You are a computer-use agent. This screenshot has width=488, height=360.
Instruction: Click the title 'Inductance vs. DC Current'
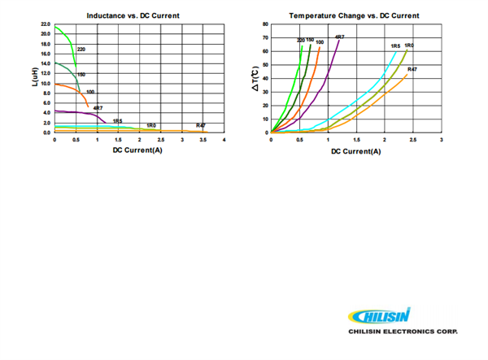pos(133,16)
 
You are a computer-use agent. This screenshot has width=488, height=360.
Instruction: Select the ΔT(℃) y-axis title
pos(255,79)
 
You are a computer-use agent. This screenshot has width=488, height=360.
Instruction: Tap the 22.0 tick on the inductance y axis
pos(46,25)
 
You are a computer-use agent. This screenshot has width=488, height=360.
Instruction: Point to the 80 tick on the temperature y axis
pos(265,25)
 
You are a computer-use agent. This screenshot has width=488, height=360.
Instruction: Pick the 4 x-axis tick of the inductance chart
pos(224,140)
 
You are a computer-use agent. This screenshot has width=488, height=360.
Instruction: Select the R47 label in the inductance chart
pos(200,124)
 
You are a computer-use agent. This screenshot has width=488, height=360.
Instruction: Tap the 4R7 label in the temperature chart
pos(340,37)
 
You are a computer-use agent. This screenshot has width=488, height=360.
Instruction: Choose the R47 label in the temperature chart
pos(412,69)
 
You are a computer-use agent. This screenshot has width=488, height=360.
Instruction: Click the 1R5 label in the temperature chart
pos(394,46)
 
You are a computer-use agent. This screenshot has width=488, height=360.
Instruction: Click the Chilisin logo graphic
pos(380,316)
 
